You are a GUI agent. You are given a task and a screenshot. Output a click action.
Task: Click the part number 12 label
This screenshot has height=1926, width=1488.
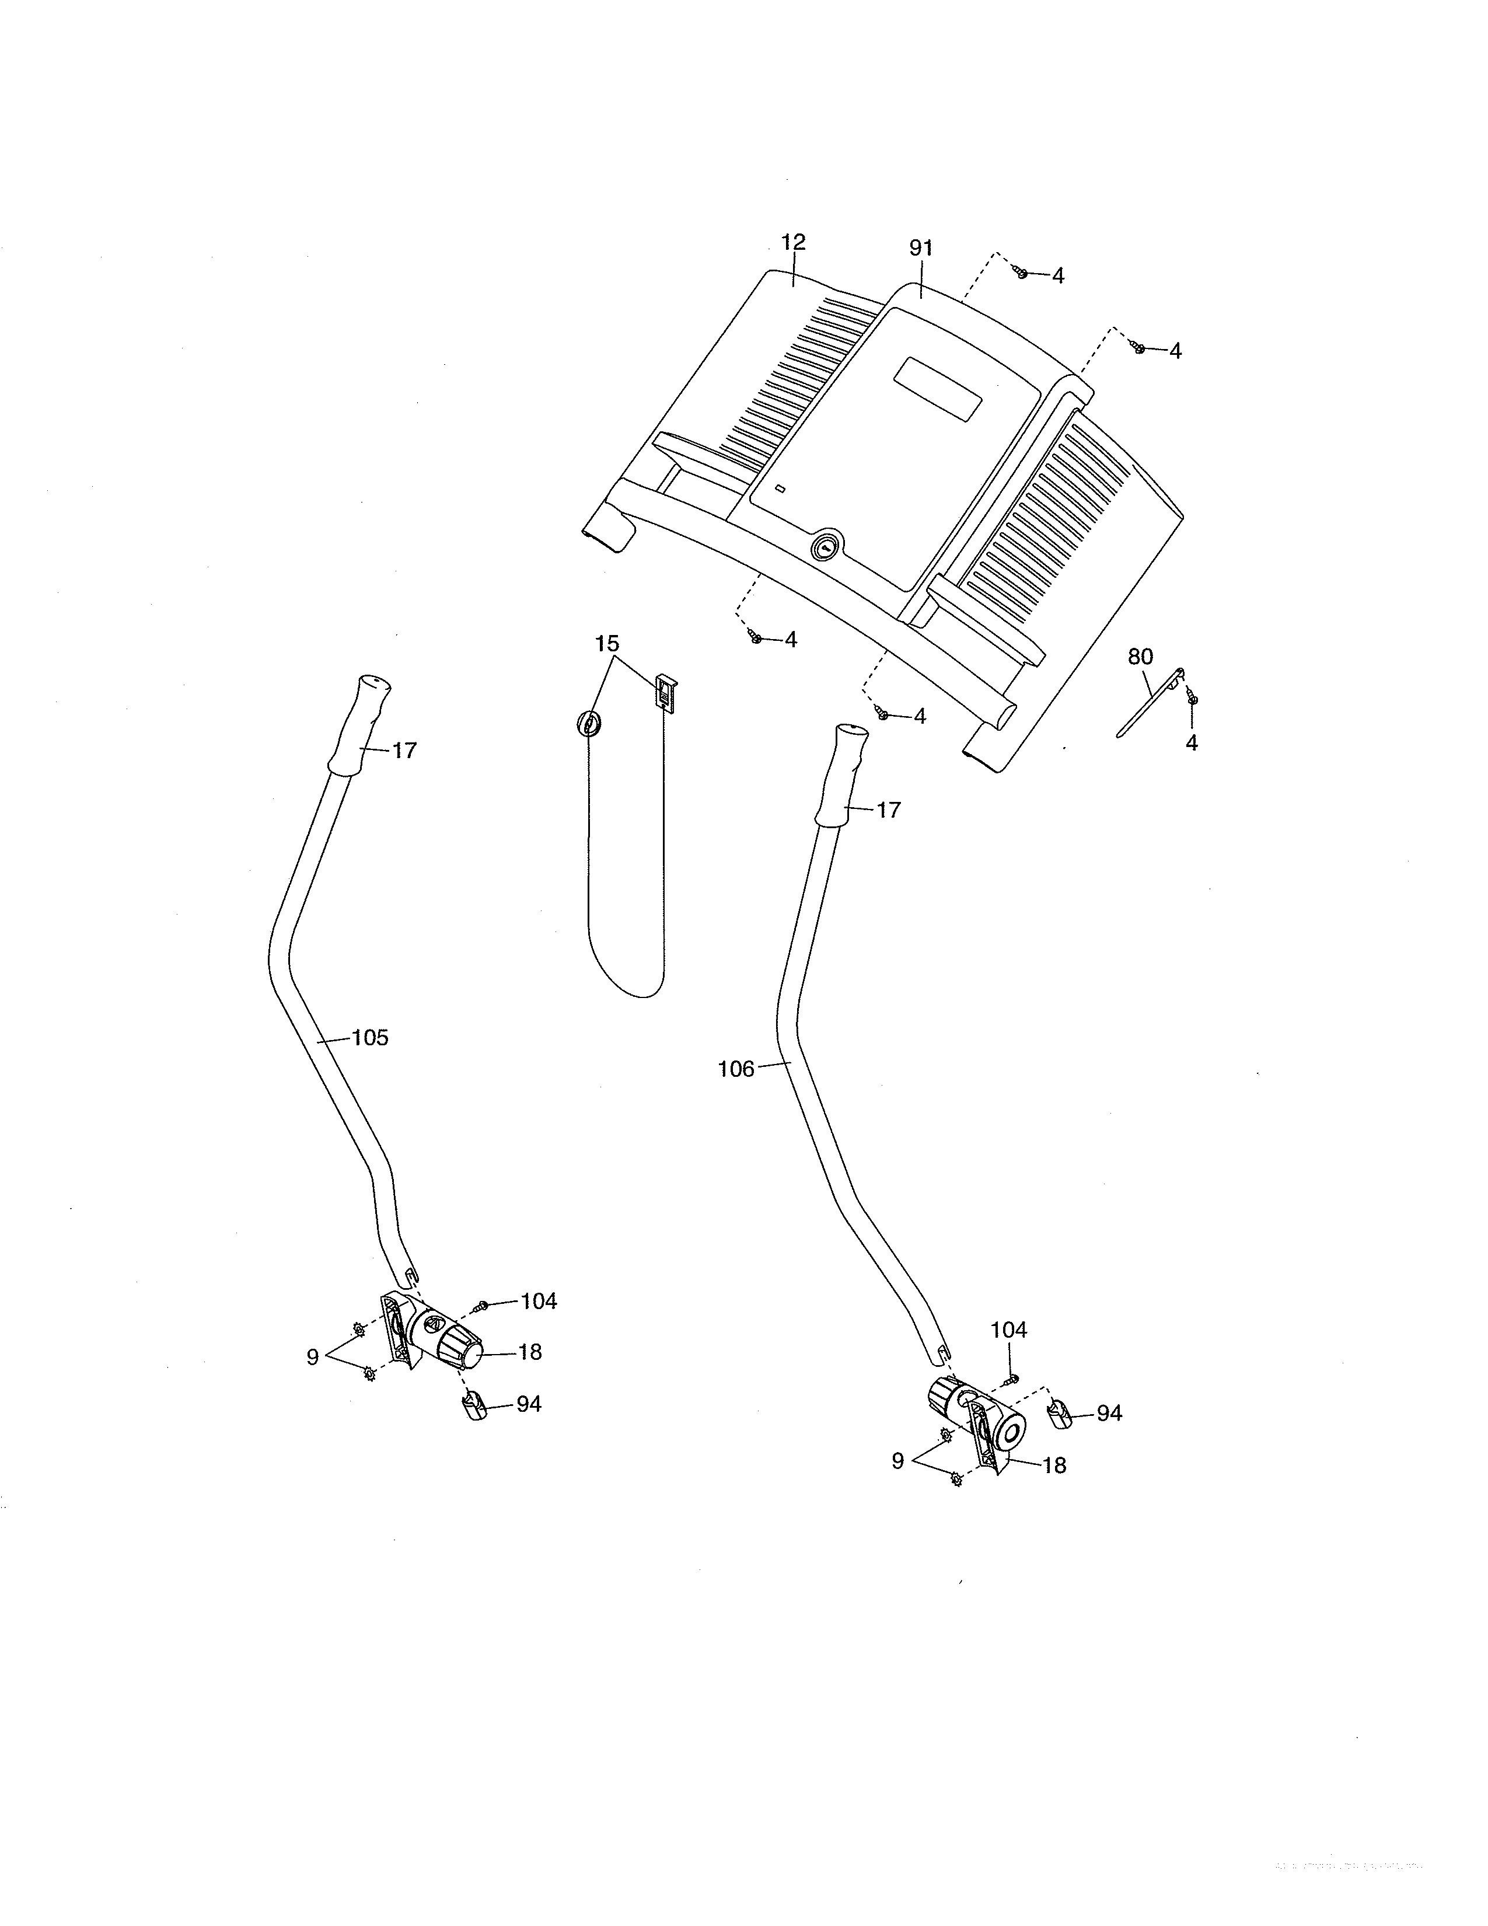[x=794, y=242]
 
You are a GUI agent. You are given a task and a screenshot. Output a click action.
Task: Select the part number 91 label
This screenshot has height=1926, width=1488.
[x=921, y=249]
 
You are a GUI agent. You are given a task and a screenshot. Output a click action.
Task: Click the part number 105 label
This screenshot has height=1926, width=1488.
[x=370, y=1038]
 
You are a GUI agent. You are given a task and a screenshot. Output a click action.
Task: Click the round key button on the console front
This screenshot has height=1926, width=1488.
[x=826, y=547]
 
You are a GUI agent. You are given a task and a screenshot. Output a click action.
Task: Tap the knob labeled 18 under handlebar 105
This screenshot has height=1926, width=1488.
[x=457, y=1351]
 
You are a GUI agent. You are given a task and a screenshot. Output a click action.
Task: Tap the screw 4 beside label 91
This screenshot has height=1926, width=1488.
[x=1022, y=273]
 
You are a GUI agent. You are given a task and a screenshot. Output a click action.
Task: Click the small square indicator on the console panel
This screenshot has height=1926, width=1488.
[x=780, y=489]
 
